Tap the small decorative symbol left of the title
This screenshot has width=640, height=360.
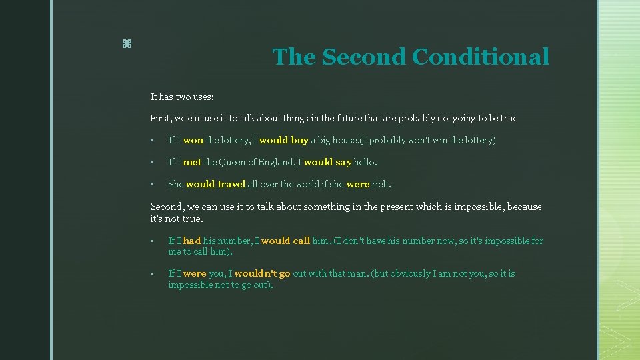point(127,44)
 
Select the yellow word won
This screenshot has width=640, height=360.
point(193,140)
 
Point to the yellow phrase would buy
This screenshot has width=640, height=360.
point(283,140)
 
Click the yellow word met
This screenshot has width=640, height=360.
point(192,162)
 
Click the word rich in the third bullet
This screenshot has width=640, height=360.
point(381,184)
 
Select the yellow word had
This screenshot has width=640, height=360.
point(192,241)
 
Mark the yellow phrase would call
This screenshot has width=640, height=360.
point(285,241)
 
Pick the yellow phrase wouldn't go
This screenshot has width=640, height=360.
point(262,274)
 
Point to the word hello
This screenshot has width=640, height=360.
point(365,162)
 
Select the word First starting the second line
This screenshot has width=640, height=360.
point(161,119)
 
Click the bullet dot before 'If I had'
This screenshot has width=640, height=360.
point(153,241)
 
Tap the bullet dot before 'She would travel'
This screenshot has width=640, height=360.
point(153,184)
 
